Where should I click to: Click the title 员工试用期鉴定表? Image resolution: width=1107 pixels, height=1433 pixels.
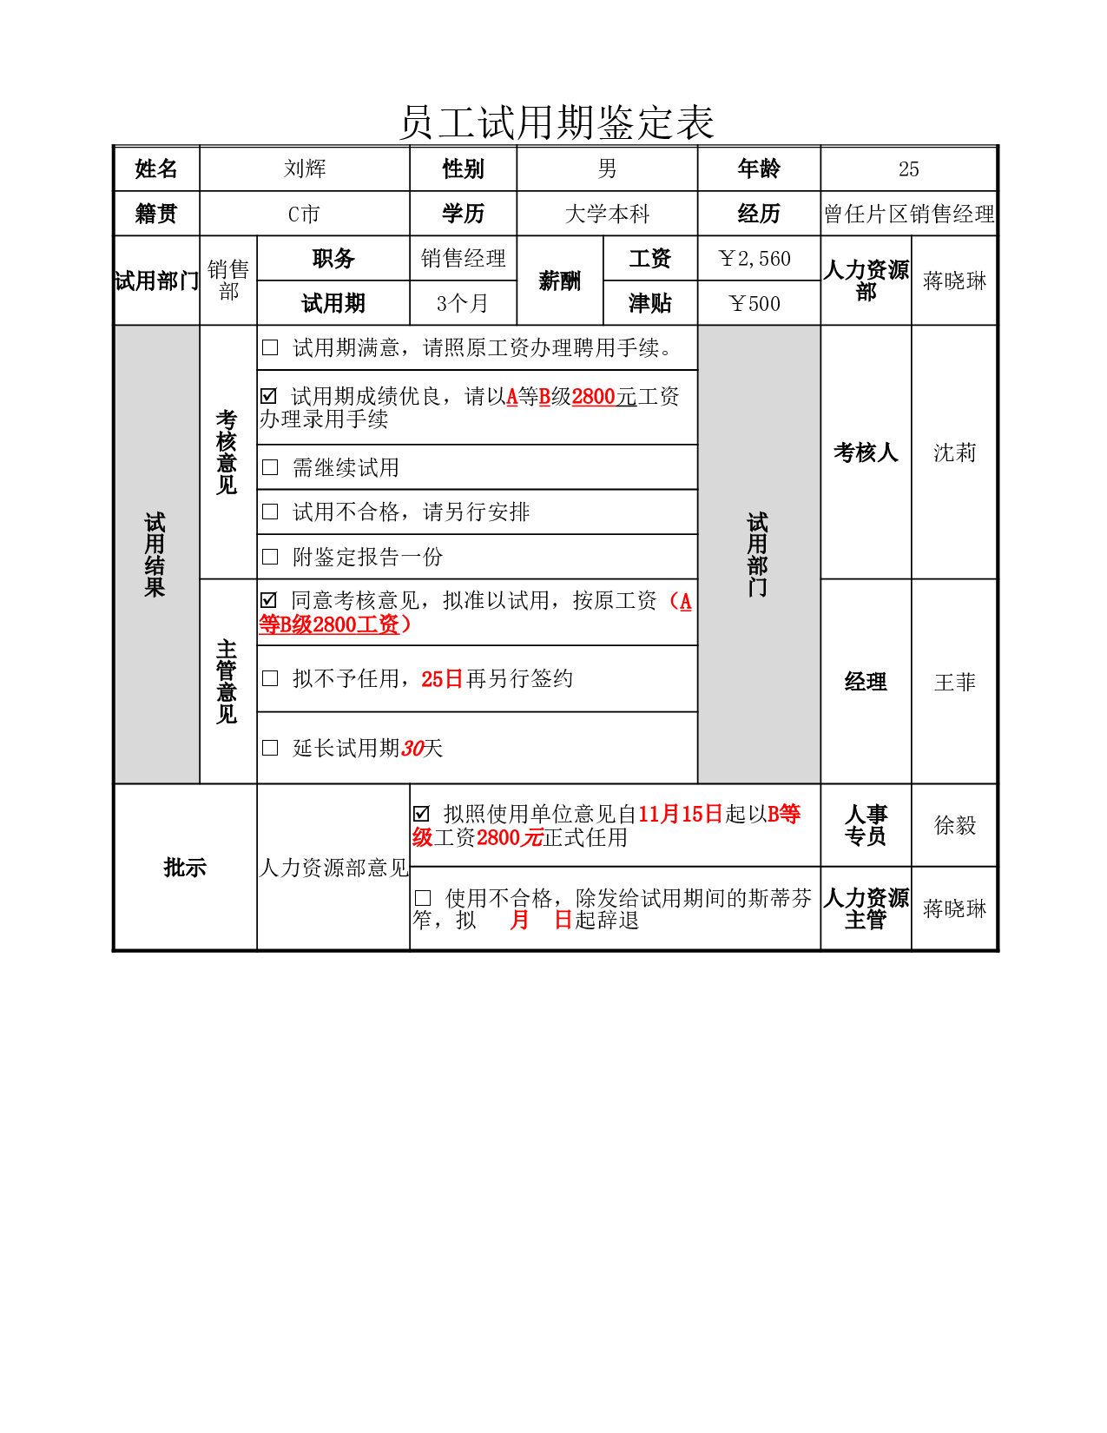[557, 122]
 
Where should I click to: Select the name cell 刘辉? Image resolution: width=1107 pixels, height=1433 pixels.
[305, 168]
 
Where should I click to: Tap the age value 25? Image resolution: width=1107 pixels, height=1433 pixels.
[908, 168]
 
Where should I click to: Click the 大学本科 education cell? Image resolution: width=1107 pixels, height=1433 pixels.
[607, 214]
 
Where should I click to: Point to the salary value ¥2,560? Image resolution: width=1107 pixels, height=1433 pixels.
[754, 259]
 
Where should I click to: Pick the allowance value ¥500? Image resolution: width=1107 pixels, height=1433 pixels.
[754, 303]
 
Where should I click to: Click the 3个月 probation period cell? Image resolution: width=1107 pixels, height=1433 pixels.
[463, 303]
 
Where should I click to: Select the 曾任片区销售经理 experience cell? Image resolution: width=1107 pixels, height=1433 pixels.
[908, 214]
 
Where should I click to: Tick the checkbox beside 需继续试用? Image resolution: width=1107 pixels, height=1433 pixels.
[270, 467]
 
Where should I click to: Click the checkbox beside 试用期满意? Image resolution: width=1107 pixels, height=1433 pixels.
[270, 347]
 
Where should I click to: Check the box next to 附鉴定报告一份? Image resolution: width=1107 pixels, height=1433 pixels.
[270, 557]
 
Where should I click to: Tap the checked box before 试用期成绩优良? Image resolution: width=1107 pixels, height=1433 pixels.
[268, 396]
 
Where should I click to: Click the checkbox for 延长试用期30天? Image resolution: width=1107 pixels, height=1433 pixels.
[270, 747]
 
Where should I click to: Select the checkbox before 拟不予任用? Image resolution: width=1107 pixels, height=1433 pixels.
[270, 678]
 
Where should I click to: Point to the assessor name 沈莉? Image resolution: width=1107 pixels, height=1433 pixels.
[954, 452]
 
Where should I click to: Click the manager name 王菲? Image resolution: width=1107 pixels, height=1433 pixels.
[954, 681]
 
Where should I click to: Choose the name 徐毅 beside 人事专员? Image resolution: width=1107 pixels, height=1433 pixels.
[954, 824]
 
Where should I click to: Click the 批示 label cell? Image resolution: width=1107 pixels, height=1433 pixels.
[185, 867]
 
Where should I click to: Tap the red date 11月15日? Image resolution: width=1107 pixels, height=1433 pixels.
[681, 814]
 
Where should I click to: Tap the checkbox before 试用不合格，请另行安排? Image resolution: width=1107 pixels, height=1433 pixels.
[270, 511]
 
